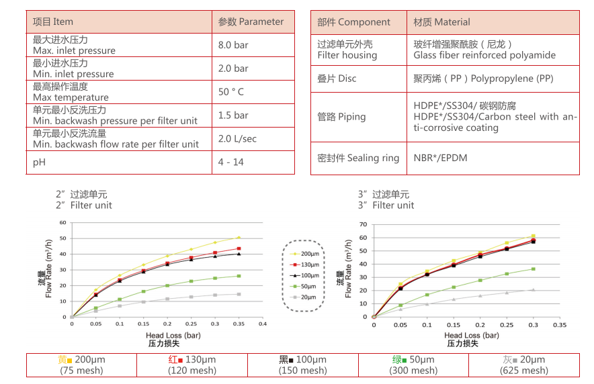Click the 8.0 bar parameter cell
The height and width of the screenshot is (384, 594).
click(232, 45)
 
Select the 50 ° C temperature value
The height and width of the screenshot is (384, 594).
click(231, 92)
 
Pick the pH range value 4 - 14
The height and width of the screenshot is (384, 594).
click(231, 162)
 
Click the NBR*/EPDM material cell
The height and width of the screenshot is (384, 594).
click(440, 158)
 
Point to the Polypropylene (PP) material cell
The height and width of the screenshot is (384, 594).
click(483, 79)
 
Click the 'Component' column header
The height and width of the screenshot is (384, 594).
click(353, 21)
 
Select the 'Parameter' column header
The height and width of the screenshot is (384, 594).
click(251, 21)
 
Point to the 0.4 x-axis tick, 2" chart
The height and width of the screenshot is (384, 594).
click(263, 324)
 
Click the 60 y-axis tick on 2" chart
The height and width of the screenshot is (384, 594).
click(63, 222)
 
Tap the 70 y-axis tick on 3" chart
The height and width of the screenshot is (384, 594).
click(364, 224)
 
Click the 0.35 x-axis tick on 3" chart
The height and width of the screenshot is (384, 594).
click(560, 324)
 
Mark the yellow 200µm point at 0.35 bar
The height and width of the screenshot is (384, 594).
click(239, 237)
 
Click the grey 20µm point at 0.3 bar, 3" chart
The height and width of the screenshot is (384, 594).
click(533, 290)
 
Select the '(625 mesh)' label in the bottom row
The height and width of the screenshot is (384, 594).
click(525, 370)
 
